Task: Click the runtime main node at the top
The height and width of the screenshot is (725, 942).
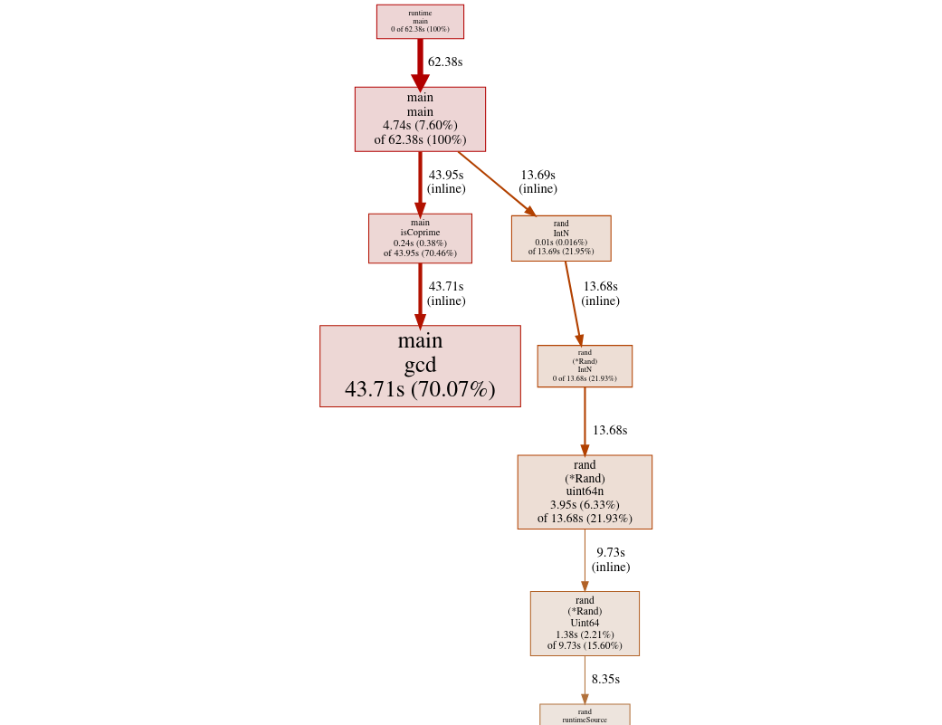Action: pyautogui.click(x=420, y=22)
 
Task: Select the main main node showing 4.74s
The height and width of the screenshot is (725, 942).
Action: pyautogui.click(x=420, y=119)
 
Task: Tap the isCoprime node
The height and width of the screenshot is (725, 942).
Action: pyautogui.click(x=420, y=238)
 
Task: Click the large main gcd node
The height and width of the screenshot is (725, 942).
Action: pyautogui.click(x=420, y=366)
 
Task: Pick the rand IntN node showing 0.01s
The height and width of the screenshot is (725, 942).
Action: pyautogui.click(x=561, y=238)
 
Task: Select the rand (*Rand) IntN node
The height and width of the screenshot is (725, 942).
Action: pyautogui.click(x=585, y=366)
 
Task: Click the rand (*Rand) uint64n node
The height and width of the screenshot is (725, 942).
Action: pyautogui.click(x=585, y=492)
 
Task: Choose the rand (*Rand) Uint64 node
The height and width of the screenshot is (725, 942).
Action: pyautogui.click(x=585, y=624)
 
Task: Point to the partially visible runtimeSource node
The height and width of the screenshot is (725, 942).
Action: pyautogui.click(x=585, y=715)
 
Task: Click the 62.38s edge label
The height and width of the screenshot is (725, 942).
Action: pyautogui.click(x=445, y=62)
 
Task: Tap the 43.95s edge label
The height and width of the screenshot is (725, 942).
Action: pyautogui.click(x=446, y=181)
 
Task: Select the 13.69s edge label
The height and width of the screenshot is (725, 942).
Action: pyautogui.click(x=538, y=181)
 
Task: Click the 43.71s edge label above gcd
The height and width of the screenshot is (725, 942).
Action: pyautogui.click(x=446, y=293)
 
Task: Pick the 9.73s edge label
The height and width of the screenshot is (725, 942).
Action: pyautogui.click(x=611, y=559)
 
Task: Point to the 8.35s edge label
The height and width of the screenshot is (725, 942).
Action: pyautogui.click(x=605, y=679)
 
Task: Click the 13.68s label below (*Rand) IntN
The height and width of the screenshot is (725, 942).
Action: pyautogui.click(x=610, y=430)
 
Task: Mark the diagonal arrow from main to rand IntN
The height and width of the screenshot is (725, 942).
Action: pyautogui.click(x=497, y=184)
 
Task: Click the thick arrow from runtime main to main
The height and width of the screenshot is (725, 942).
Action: pyautogui.click(x=420, y=63)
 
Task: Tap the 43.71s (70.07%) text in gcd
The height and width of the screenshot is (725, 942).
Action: pyautogui.click(x=420, y=389)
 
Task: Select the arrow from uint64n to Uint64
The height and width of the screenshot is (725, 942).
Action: pyautogui.click(x=585, y=560)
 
